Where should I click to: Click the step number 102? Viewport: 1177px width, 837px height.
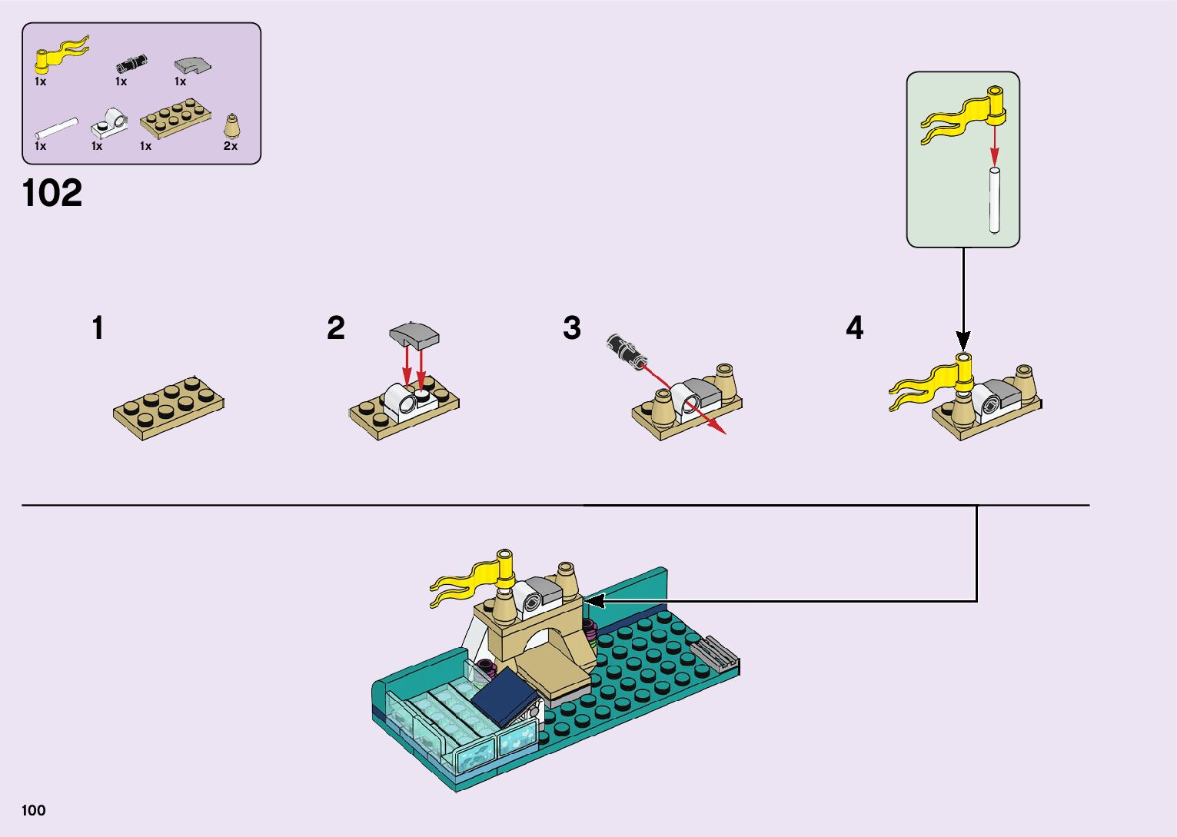coord(52,193)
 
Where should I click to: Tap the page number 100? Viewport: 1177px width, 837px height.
coord(34,810)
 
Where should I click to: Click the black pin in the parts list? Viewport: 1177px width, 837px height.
coord(131,63)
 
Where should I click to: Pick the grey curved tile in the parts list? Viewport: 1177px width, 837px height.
coord(192,65)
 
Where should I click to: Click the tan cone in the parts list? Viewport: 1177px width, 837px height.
coord(231,126)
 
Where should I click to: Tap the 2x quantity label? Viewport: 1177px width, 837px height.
coord(231,146)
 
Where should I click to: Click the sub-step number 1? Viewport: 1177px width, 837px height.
coord(98,328)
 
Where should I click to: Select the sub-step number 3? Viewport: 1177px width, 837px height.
coord(571,328)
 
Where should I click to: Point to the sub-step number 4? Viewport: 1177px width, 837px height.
coord(854,328)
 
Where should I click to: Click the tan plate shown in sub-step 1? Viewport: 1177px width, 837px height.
coord(169,405)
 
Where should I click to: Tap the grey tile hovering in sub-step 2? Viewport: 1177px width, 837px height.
coord(414,335)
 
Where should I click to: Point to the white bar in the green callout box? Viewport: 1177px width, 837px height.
coord(994,199)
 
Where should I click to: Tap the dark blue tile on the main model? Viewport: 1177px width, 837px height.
coord(504,695)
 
